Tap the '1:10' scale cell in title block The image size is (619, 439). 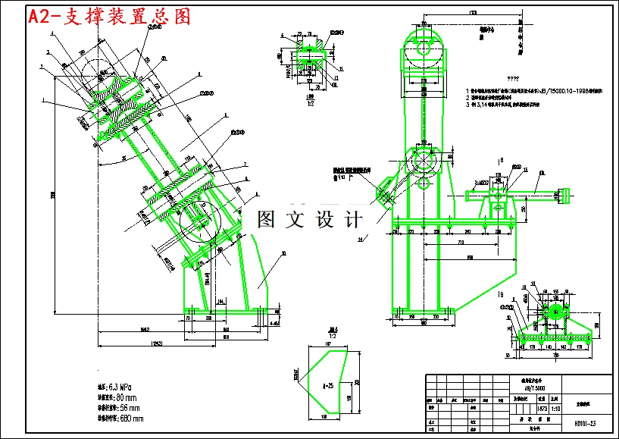pos(556,408)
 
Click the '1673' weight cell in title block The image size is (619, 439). pos(542,408)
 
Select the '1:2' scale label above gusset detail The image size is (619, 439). pos(332,334)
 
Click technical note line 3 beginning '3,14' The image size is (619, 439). pos(523,105)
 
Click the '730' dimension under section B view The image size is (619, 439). pos(555,355)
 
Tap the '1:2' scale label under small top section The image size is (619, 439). pos(309,104)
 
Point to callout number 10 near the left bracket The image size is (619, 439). pos(283,252)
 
